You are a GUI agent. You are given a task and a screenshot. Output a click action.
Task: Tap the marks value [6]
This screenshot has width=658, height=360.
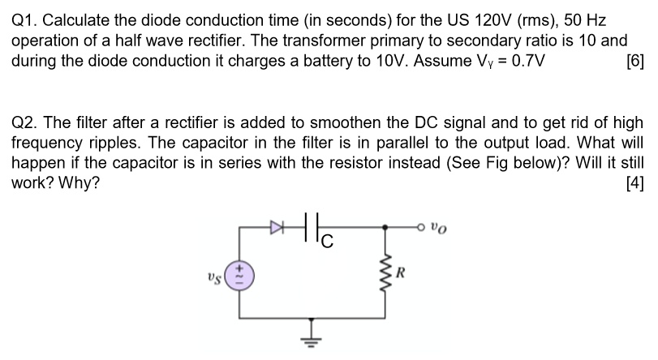(x=634, y=61)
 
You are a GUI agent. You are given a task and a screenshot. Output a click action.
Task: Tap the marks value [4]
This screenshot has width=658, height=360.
(x=634, y=183)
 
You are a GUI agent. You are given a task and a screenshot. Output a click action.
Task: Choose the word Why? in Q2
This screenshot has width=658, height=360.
(x=80, y=183)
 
